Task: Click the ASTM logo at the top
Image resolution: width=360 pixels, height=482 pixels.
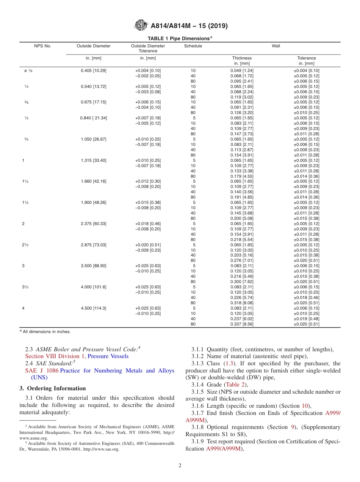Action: pyautogui.click(x=141, y=26)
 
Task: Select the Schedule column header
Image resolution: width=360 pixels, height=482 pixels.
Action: pyautogui.click(x=193, y=46)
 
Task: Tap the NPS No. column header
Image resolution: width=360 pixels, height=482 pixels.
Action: pyautogui.click(x=42, y=46)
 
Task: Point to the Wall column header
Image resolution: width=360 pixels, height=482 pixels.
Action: pyautogui.click(x=275, y=46)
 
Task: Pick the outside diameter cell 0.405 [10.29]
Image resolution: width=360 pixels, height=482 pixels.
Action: pyautogui.click(x=94, y=70)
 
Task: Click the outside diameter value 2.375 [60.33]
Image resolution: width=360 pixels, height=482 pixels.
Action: pyautogui.click(x=94, y=224)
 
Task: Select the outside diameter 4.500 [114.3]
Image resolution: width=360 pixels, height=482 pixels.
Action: pyautogui.click(x=94, y=308)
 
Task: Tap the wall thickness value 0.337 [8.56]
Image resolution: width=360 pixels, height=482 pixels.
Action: pyautogui.click(x=242, y=324)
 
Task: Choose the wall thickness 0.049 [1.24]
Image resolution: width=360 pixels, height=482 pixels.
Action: pyautogui.click(x=242, y=70)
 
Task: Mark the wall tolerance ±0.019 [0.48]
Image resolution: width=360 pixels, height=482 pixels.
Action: pyautogui.click(x=307, y=319)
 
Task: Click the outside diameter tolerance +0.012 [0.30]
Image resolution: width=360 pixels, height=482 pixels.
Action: pyautogui.click(x=148, y=181)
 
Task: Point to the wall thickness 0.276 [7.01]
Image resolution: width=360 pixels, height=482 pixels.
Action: pyautogui.click(x=242, y=261)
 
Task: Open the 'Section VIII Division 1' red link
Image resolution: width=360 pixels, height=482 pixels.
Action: pyautogui.click(x=55, y=356)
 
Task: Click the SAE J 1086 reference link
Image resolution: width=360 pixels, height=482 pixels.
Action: pyautogui.click(x=42, y=371)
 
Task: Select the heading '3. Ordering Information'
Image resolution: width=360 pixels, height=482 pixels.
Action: pyautogui.click(x=53, y=388)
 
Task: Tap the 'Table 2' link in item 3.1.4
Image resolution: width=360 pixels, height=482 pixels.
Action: pyautogui.click(x=238, y=385)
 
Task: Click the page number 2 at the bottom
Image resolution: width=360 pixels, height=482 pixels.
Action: pyautogui.click(x=180, y=466)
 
